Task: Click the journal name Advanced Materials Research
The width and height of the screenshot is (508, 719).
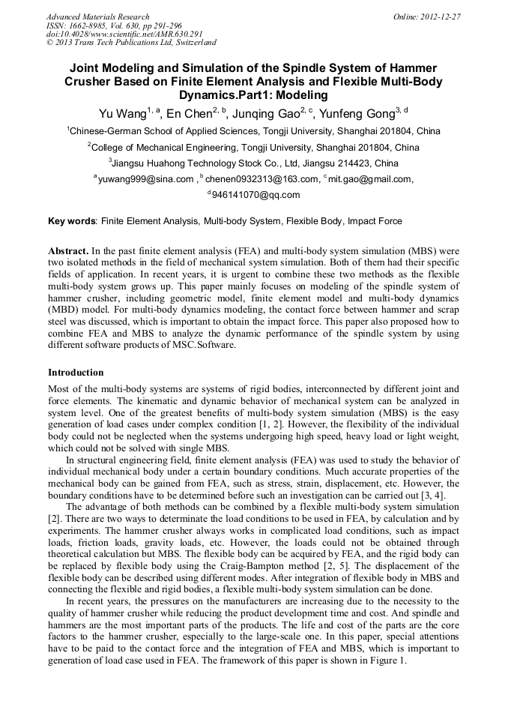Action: pyautogui.click(x=97, y=16)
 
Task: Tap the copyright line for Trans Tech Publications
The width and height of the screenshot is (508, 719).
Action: pyautogui.click(x=131, y=43)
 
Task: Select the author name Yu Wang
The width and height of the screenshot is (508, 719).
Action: pyautogui.click(x=121, y=114)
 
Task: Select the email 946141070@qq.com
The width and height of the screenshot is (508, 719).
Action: pyautogui.click(x=256, y=195)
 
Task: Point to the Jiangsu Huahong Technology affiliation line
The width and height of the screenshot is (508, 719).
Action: pyautogui.click(x=253, y=163)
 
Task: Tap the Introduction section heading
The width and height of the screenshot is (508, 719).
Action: pyautogui.click(x=76, y=373)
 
